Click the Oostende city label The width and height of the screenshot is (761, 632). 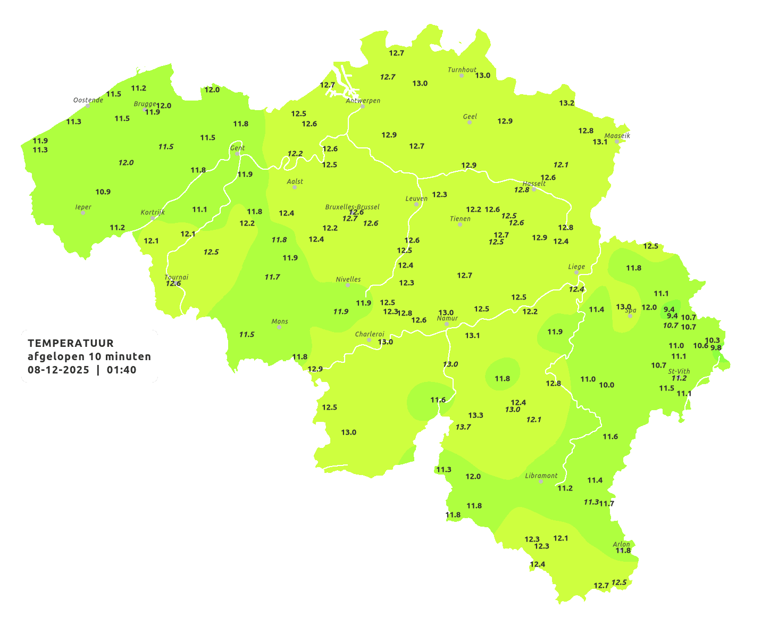tap(88, 100)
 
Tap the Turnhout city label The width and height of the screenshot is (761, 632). tap(462, 70)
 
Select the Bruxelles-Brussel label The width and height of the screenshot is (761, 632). tap(352, 206)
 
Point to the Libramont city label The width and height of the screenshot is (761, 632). tap(541, 476)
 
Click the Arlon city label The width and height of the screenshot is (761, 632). tap(621, 544)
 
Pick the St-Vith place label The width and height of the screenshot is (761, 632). tap(679, 371)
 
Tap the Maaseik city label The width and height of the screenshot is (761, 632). tap(617, 136)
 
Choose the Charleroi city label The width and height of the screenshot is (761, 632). tap(369, 334)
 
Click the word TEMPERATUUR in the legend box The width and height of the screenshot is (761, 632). tap(70, 343)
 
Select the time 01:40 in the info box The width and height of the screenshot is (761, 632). tap(121, 370)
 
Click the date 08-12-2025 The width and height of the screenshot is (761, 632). tap(58, 370)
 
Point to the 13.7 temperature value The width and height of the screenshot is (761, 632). tap(463, 427)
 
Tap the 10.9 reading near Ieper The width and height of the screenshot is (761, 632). tap(103, 192)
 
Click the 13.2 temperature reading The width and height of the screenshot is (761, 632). tap(566, 103)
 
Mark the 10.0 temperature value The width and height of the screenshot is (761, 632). tap(606, 385)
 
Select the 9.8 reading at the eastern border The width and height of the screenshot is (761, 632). tap(716, 348)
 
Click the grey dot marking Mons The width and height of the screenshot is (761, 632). tap(279, 327)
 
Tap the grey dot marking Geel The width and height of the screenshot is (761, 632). tap(469, 122)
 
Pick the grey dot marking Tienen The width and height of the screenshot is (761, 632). tap(459, 224)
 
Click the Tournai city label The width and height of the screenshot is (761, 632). tap(176, 277)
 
